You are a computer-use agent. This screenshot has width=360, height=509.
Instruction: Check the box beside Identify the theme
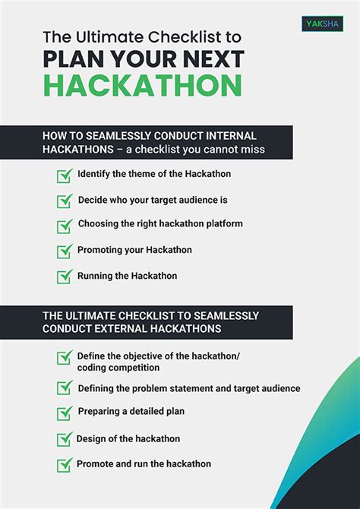(x=65, y=175)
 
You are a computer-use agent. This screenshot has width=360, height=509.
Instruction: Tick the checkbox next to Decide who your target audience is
(x=65, y=201)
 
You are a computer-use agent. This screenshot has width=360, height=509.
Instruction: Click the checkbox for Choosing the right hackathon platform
(x=65, y=226)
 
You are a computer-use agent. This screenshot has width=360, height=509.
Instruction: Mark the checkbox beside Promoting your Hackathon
(x=65, y=251)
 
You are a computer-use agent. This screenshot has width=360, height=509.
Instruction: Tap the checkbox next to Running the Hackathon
(x=65, y=277)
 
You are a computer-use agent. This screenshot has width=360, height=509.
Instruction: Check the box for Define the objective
(x=65, y=357)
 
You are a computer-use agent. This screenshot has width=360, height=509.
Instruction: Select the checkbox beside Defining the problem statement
(x=65, y=388)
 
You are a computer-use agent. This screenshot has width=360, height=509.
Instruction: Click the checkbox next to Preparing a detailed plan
(x=65, y=413)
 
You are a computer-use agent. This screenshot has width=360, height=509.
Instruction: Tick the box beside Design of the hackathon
(x=65, y=439)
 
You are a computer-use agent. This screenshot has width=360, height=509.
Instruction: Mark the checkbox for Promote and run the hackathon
(x=65, y=464)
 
